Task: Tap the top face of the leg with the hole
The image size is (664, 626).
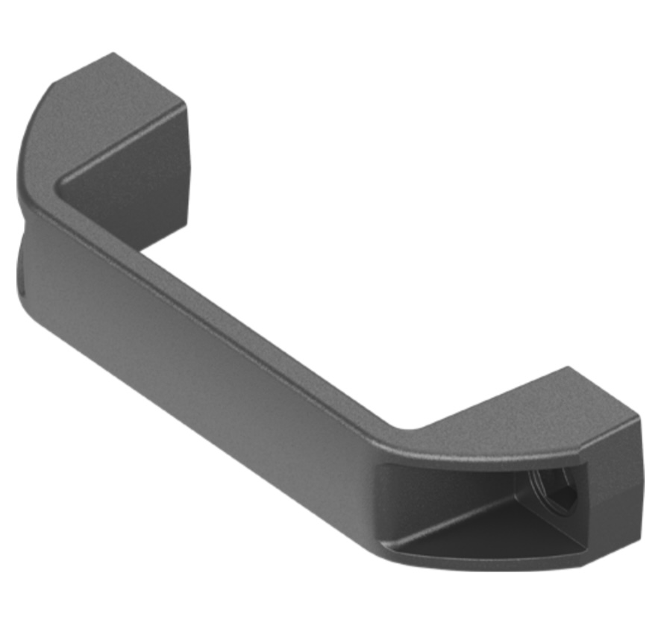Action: tap(515, 418)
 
